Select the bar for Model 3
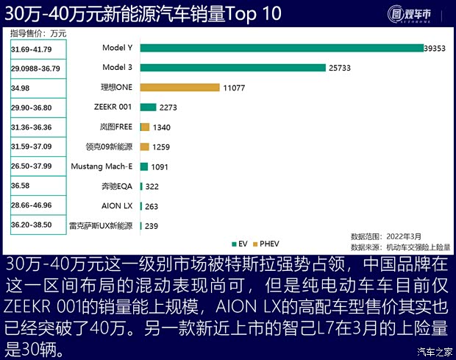click(232, 68)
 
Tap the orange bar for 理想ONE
click(179, 88)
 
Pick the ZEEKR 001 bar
click(147, 107)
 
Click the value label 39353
click(434, 49)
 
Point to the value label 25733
click(341, 68)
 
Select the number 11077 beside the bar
click(235, 88)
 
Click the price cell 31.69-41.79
click(32, 49)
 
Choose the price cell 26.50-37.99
click(32, 166)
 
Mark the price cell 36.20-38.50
click(32, 225)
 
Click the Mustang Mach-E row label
click(101, 166)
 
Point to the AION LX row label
click(117, 205)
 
